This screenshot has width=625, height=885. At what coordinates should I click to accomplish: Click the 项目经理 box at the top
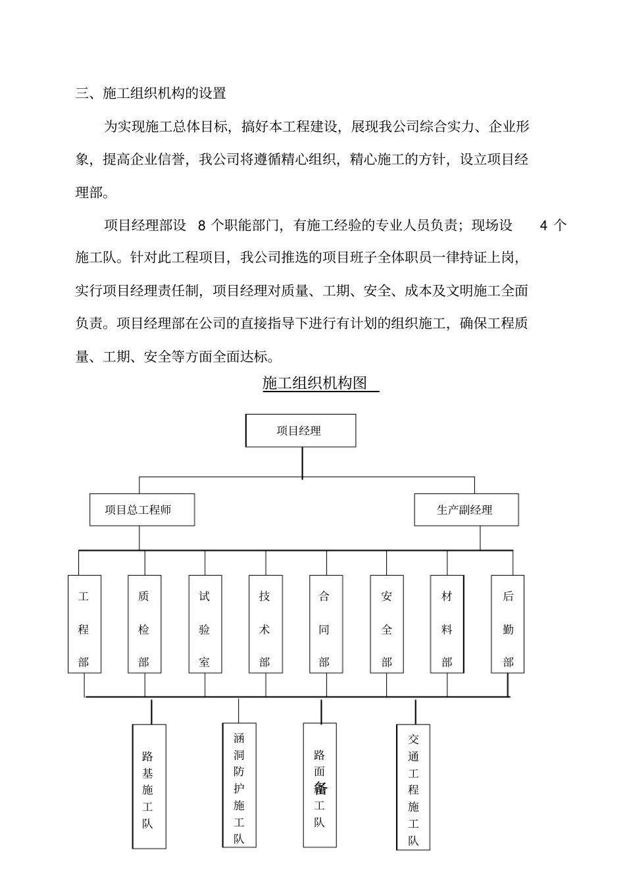coord(301,431)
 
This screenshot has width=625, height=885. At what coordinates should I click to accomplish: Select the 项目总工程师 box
coord(142,510)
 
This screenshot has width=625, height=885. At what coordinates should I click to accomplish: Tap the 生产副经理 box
coord(466,510)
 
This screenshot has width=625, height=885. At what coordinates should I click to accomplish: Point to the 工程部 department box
coord(84,624)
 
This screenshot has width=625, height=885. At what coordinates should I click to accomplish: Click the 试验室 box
coord(205,624)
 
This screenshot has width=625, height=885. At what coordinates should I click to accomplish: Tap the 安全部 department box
coord(387,624)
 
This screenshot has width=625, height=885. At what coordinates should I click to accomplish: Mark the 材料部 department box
coord(447,624)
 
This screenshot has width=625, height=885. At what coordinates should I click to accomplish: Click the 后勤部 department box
coord(508,624)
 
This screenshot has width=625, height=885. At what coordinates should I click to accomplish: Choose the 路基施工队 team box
coord(149,787)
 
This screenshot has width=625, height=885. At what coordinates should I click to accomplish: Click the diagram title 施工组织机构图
coord(315,383)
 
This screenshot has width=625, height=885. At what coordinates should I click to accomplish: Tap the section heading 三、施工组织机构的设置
coord(151,93)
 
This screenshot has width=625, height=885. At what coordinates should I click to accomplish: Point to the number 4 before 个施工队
coord(543,226)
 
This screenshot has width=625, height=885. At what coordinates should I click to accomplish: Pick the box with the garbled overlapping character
coord(320,786)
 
